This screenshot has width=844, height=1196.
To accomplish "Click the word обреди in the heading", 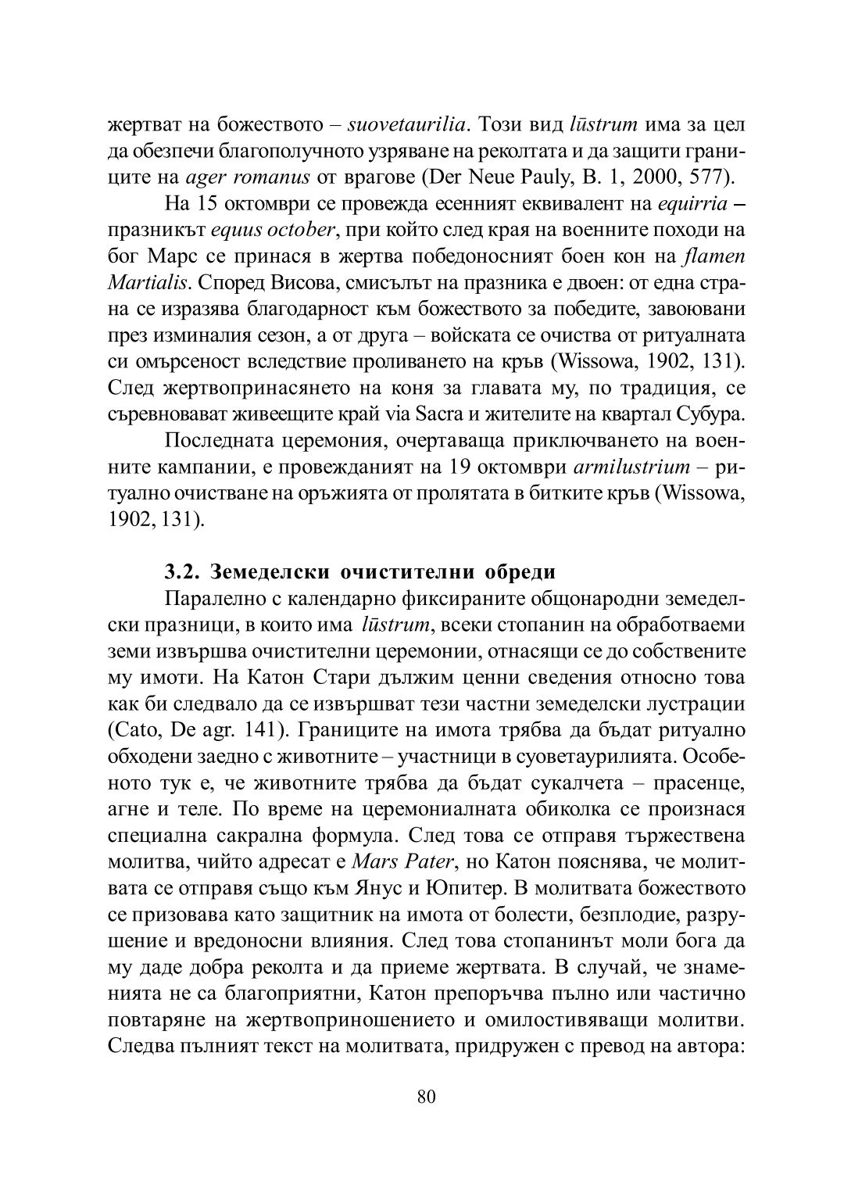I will point(520,571).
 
